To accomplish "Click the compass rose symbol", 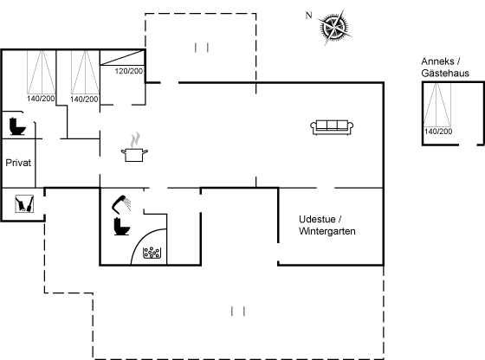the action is tap(335, 27).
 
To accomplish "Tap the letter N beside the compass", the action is tap(308, 15).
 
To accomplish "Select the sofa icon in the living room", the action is tap(332, 127).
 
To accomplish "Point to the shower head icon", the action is tap(121, 204).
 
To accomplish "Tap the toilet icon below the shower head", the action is tap(122, 227).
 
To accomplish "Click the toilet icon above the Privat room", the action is tap(17, 126).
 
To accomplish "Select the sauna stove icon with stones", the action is tap(152, 253).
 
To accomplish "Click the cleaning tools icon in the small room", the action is tap(24, 204).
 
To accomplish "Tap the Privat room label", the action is tap(18, 163).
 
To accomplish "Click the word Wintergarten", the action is tap(327, 231).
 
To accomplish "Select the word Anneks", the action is tap(437, 61).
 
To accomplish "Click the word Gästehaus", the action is tap(445, 74).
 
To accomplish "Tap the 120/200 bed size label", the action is tap(129, 71).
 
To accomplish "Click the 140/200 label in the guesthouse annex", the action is tap(438, 132).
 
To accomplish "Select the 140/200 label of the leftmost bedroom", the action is tap(41, 99).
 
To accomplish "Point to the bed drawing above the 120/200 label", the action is tap(122, 58).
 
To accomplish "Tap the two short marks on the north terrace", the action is tap(201, 48).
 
